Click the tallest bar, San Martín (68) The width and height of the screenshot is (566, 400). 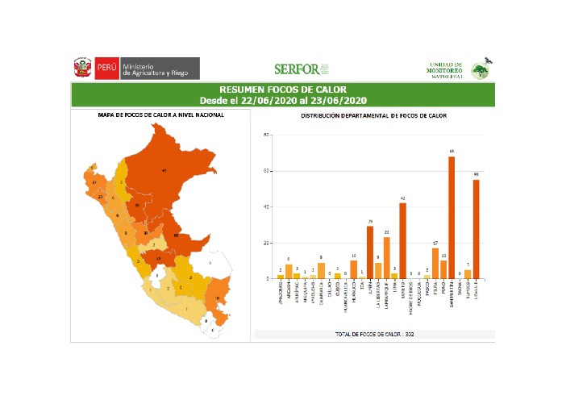pyautogui.click(x=452, y=218)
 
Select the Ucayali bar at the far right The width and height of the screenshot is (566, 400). pyautogui.click(x=476, y=229)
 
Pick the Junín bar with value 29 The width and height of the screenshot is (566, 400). pyautogui.click(x=370, y=252)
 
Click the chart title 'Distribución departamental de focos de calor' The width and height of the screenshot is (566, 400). pyautogui.click(x=374, y=116)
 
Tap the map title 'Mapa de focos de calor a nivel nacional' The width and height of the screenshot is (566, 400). pyautogui.click(x=161, y=115)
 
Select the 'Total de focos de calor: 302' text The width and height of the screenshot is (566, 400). pyautogui.click(x=374, y=333)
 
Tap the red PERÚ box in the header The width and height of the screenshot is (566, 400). pyautogui.click(x=106, y=68)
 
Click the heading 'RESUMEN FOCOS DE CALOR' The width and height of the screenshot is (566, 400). pyautogui.click(x=283, y=89)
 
